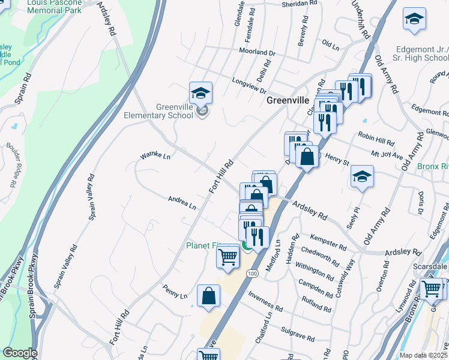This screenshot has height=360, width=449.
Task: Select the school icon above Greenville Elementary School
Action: pyautogui.click(x=201, y=93)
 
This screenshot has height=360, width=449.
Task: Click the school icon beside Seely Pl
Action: pyautogui.click(x=363, y=176)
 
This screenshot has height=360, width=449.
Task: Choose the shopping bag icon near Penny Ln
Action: pyautogui.click(x=208, y=296)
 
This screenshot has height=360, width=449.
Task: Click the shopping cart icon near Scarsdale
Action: pyautogui.click(x=432, y=289)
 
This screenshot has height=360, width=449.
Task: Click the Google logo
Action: pyautogui.click(x=20, y=353)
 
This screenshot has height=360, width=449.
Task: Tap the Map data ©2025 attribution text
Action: pyautogui.click(x=424, y=355)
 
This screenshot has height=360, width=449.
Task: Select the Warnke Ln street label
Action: pyautogui.click(x=155, y=156)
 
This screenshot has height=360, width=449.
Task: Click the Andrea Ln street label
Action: pyautogui.click(x=182, y=202)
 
